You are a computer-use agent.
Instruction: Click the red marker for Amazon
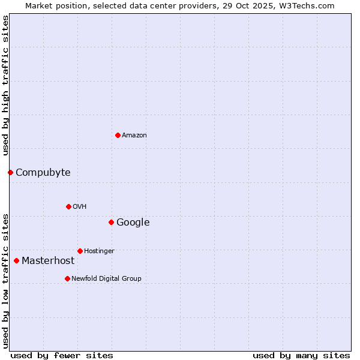[118, 135]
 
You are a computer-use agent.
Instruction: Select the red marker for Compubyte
[10, 172]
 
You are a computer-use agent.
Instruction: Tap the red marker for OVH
[68, 206]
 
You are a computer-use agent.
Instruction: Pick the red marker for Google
[111, 222]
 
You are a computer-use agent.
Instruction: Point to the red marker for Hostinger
[80, 251]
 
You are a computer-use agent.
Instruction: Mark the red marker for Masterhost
[16, 260]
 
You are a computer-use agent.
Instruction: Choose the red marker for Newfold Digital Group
[67, 278]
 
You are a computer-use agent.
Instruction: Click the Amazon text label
[134, 136]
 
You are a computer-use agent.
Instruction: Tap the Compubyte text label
[43, 173]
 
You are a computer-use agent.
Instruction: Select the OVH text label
[80, 207]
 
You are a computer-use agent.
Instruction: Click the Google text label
[133, 223]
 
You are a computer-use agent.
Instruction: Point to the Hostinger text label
[99, 251]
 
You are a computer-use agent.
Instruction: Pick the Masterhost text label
[48, 261]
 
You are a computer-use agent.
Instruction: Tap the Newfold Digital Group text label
[106, 279]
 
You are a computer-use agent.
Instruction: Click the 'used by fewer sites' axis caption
[62, 355]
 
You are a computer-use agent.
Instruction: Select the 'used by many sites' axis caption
[301, 355]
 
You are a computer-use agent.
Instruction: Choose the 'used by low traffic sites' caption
[5, 280]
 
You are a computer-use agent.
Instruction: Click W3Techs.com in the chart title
[313, 5]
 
